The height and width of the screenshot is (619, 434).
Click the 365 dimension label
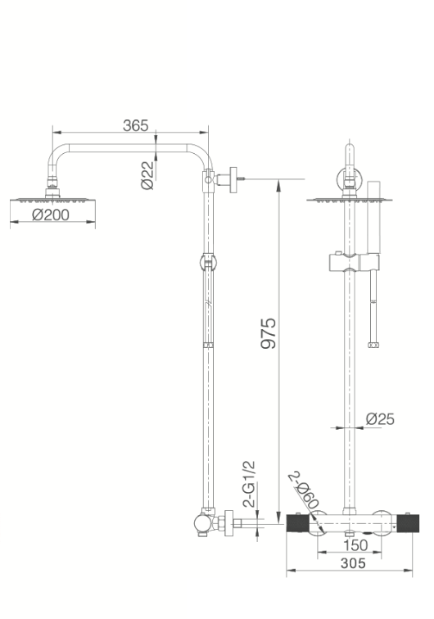click(135, 125)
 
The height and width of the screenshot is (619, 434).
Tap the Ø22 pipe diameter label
click(147, 175)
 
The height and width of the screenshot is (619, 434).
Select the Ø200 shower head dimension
click(51, 215)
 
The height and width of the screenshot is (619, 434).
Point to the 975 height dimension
click(269, 333)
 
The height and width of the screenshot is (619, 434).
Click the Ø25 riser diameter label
click(380, 419)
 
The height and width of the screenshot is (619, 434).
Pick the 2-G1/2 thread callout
click(249, 484)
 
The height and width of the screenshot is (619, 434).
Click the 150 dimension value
click(355, 545)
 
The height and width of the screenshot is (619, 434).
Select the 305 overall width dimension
click(353, 563)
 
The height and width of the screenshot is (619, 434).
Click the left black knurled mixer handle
click(297, 524)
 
